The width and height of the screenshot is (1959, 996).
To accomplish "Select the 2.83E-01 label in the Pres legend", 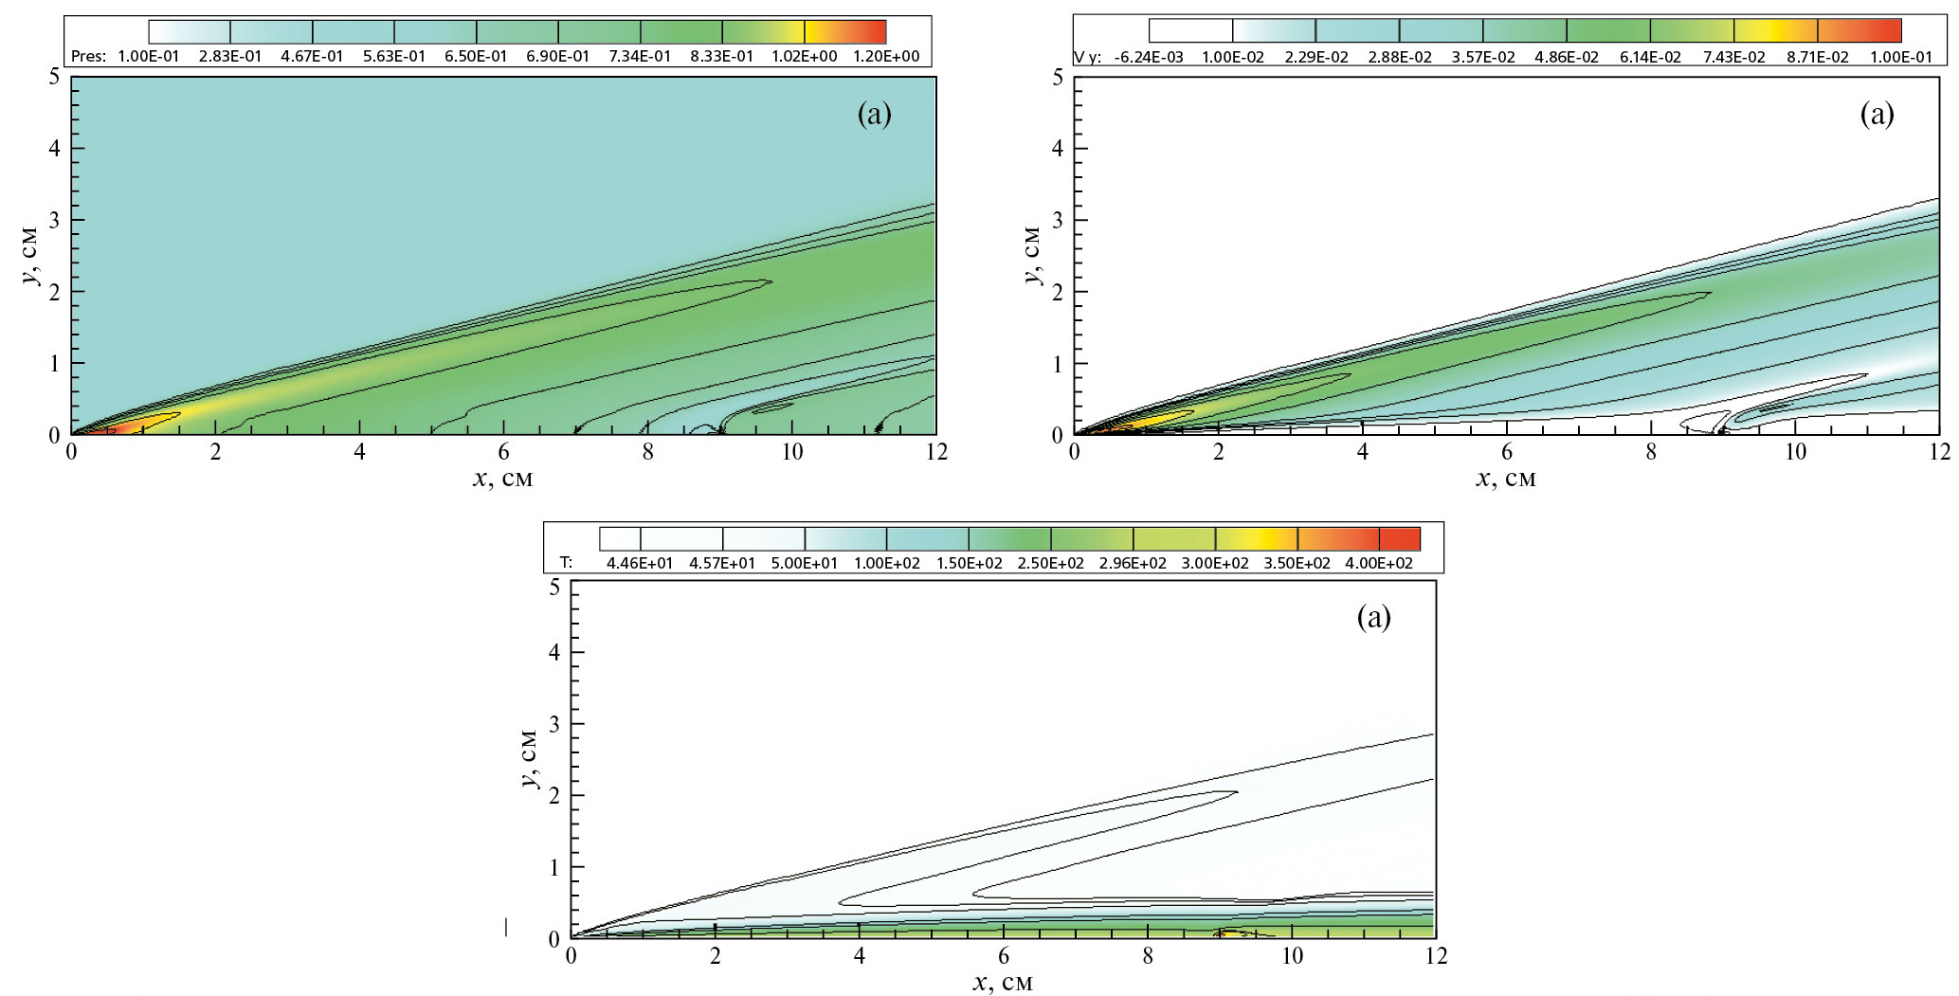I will (x=230, y=56).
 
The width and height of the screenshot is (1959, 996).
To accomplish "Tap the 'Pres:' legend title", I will (x=88, y=56).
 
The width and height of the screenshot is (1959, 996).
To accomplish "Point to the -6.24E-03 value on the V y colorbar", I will (x=1149, y=57).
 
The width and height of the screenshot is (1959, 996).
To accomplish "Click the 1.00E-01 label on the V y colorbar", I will (x=1899, y=57).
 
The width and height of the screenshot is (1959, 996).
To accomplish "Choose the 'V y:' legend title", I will (x=1087, y=57).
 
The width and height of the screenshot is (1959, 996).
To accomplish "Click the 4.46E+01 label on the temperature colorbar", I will (x=640, y=563).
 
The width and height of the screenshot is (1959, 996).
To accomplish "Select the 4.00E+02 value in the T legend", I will (x=1380, y=563).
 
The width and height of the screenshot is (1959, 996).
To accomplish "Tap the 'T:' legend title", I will (x=566, y=563).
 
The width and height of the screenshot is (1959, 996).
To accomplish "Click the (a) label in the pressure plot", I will (x=874, y=115).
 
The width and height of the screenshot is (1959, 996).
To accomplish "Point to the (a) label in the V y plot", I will (x=1877, y=115).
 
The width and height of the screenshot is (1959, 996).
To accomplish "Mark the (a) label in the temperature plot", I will (x=1374, y=618).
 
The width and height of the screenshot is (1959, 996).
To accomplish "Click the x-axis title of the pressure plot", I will (x=502, y=479).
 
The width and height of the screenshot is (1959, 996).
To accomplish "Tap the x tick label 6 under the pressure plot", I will (x=503, y=453).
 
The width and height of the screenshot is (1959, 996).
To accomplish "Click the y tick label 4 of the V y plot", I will (x=1057, y=148).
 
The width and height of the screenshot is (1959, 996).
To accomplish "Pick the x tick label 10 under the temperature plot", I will (x=1293, y=956).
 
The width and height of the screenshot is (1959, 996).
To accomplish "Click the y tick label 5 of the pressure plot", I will (x=54, y=77).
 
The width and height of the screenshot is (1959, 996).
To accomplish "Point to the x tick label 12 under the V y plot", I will (x=1938, y=453).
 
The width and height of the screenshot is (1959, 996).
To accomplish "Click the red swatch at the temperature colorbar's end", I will (x=1400, y=539).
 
